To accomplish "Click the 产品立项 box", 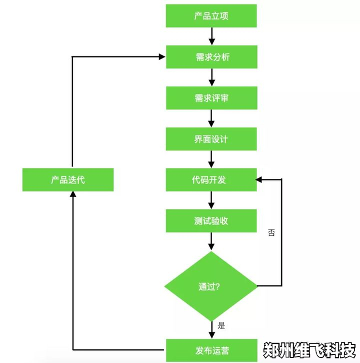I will (211, 16).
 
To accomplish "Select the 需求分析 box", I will (211, 57).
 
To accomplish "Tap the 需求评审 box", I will (211, 98).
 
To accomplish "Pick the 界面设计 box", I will (211, 139).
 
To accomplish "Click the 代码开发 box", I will (211, 180).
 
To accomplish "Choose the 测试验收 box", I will (211, 221).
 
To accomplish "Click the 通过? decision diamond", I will (211, 286).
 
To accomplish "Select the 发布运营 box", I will (211, 351).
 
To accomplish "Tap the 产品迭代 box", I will (68, 180).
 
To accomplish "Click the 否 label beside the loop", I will (272, 232).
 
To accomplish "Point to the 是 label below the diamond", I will (221, 325).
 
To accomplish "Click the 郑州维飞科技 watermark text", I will (310, 349).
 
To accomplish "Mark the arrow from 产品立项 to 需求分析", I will (211, 36).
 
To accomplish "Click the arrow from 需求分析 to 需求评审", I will (211, 77).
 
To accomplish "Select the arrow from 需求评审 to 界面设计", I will (211, 118).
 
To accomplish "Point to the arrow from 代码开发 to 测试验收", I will (211, 200).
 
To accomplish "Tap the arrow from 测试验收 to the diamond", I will (211, 241).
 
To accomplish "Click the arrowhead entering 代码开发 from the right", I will (260, 180).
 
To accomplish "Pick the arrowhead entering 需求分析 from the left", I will (162, 57).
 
